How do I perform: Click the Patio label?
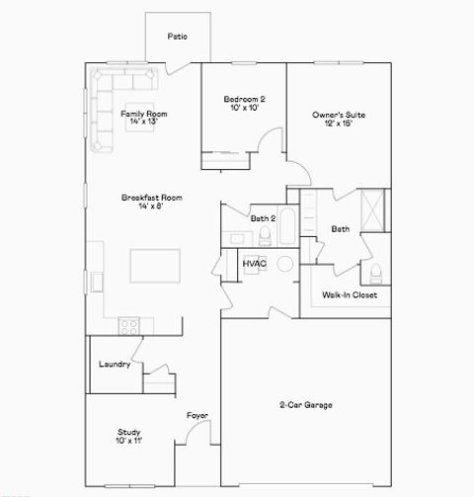point(178,37)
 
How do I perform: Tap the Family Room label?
point(144,115)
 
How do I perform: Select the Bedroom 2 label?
point(244,100)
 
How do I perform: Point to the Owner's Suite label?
point(339,116)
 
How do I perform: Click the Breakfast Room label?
point(143,198)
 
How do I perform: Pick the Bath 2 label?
point(263,218)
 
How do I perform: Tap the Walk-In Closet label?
point(350,294)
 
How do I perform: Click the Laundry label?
point(115,364)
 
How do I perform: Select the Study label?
point(128,433)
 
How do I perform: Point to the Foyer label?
point(197,416)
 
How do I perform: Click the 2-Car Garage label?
point(305,405)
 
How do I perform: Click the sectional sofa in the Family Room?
point(109,99)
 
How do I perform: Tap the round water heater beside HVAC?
point(285,264)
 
